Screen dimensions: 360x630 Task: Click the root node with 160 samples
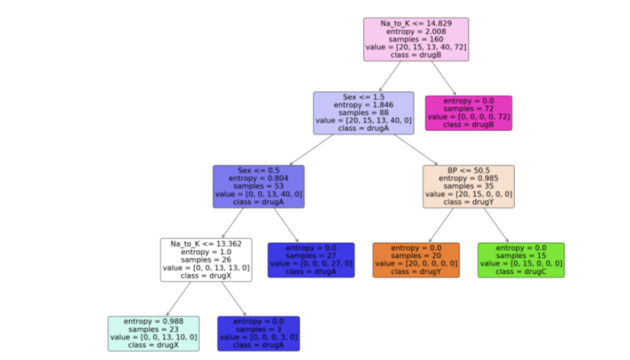pyautogui.click(x=416, y=39)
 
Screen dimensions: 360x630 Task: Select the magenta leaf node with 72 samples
pyautogui.click(x=468, y=113)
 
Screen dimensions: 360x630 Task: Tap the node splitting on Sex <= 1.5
pyautogui.click(x=363, y=113)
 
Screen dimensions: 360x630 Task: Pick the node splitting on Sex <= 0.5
pyautogui.click(x=258, y=186)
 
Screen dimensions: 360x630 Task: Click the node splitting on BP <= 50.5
pyautogui.click(x=468, y=186)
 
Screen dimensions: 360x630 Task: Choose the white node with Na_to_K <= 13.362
pyautogui.click(x=206, y=259)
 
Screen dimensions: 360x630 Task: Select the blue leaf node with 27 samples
pyautogui.click(x=311, y=260)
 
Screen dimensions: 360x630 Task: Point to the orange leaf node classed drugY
pyautogui.click(x=416, y=260)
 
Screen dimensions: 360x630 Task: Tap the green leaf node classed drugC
pyautogui.click(x=521, y=260)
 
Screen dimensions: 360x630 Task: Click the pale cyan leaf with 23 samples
pyautogui.click(x=153, y=333)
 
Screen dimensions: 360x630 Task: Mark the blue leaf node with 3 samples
pyautogui.click(x=258, y=333)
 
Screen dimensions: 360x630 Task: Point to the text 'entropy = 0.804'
pyautogui.click(x=258, y=179)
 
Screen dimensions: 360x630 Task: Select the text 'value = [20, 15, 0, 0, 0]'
pyautogui.click(x=468, y=195)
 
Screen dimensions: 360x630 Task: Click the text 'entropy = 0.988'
pyautogui.click(x=153, y=321)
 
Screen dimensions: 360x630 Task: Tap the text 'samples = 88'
pyautogui.click(x=363, y=113)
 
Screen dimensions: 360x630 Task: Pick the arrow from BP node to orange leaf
pyautogui.click(x=442, y=225)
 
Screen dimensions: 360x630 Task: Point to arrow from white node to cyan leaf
pyautogui.click(x=179, y=299)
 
